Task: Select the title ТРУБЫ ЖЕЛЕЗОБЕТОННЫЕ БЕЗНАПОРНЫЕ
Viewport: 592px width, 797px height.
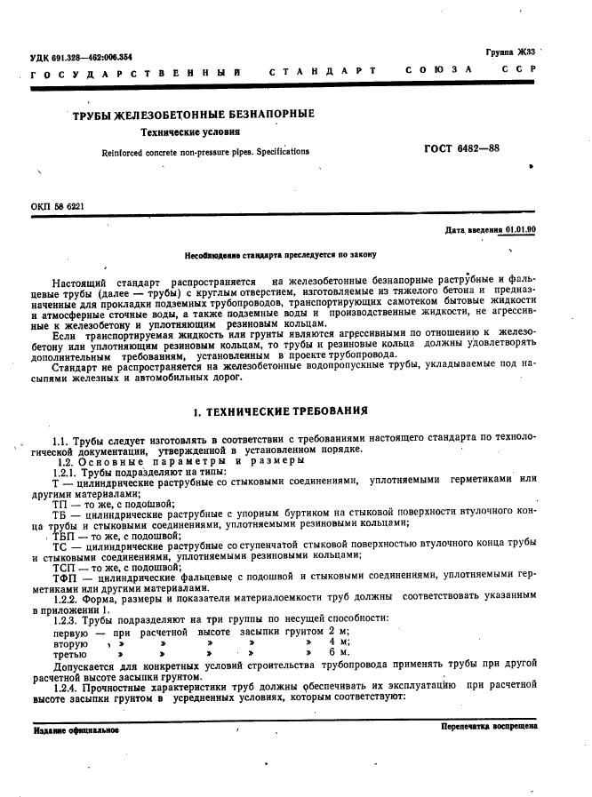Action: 193,115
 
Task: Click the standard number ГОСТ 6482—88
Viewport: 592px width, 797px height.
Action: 461,148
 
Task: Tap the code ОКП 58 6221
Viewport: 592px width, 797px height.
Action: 57,206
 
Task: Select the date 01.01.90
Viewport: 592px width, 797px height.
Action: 520,230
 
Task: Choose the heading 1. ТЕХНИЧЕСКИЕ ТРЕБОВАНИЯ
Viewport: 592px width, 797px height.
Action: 280,412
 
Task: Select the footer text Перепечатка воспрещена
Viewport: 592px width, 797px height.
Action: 488,726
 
